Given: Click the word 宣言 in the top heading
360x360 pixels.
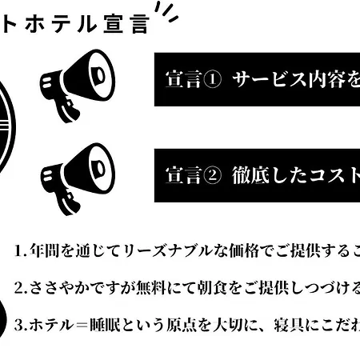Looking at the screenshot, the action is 126,24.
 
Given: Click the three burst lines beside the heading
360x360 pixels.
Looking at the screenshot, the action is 166,12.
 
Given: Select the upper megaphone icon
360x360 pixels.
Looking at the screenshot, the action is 78,86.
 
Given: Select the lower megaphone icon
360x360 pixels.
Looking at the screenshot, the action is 78,179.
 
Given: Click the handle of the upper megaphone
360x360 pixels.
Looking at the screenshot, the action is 66,110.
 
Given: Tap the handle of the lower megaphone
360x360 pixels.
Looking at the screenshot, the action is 66,202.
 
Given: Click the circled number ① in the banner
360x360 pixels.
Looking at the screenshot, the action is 212,79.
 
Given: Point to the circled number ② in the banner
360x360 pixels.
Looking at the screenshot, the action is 212,175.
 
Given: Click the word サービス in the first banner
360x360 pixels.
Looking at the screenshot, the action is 270,79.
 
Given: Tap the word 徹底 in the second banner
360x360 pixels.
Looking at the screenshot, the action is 250,175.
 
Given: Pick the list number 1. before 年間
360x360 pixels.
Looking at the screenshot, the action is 21,251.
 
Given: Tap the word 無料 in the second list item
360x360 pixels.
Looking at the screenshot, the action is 150,288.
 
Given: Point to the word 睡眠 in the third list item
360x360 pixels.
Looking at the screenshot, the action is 104,326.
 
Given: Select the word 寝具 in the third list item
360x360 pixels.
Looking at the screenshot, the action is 289,326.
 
